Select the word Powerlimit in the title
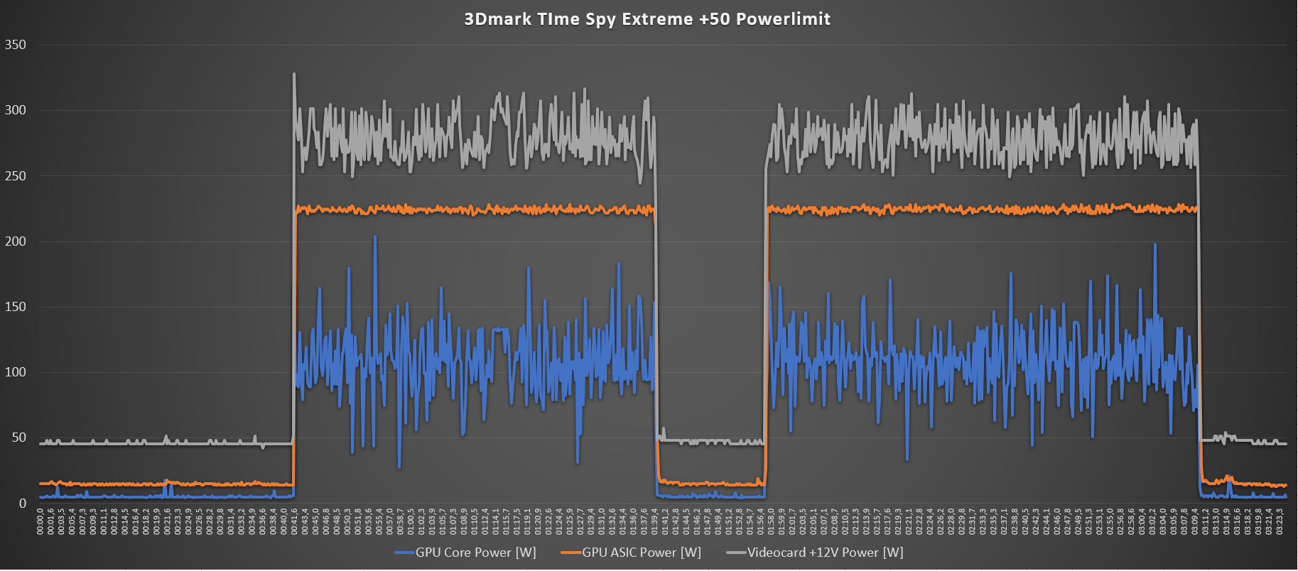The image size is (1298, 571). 783,19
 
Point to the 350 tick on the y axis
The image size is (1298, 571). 15,45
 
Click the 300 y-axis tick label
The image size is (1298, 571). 15,110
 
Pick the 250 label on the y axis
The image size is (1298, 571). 15,176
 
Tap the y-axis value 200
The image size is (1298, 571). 15,241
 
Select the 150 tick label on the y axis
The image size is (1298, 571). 15,307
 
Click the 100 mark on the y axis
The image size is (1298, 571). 15,372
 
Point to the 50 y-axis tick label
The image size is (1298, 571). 18,437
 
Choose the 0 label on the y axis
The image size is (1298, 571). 23,504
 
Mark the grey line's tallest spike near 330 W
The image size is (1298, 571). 294,74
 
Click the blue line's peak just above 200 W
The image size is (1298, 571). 375,236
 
